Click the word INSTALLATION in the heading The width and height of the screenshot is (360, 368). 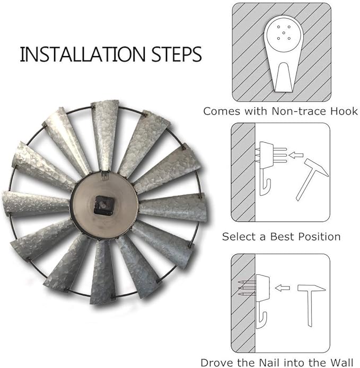pos(83,55)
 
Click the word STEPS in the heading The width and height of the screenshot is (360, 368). pos(176,55)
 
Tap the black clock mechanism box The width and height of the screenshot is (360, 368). pos(104,205)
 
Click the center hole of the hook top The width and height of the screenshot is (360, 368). pos(284,33)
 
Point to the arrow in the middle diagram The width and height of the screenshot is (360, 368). pos(296,155)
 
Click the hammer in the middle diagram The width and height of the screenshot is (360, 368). pos(312,179)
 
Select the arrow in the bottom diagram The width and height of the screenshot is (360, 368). pos(282,288)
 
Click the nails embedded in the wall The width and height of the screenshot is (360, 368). pos(247,288)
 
